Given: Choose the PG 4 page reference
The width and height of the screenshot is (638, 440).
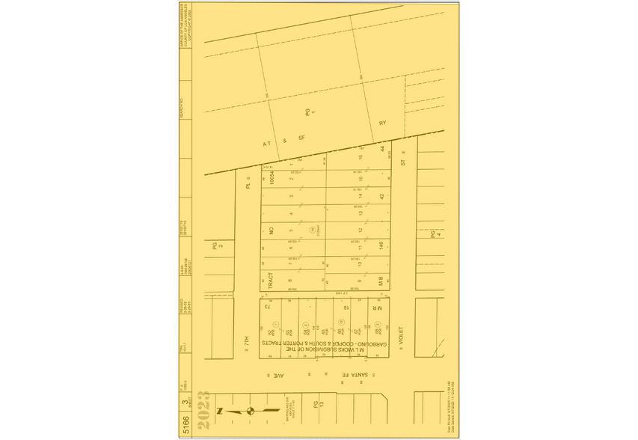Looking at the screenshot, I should point(432,234).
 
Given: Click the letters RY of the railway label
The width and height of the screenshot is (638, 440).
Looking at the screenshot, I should point(381,123).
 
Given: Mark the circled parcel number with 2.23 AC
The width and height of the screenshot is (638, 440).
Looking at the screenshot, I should point(311,229).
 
